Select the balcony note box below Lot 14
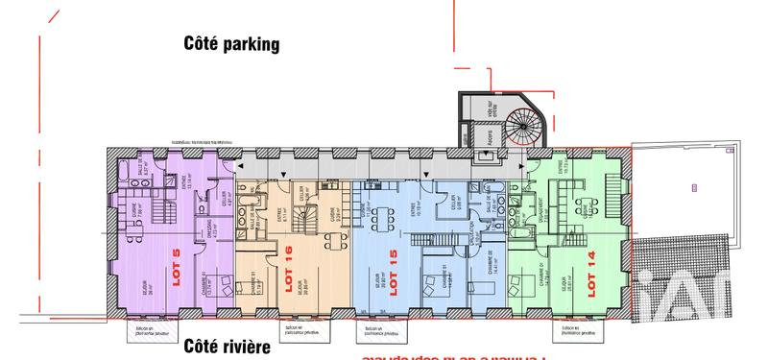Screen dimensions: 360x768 click(579, 329)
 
